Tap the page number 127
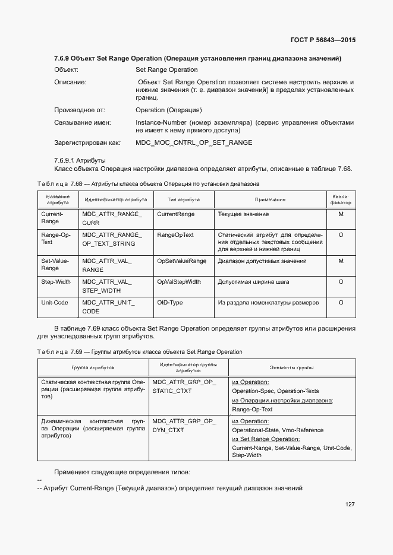click(x=350, y=505)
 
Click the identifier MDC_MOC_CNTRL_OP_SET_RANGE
click(x=194, y=142)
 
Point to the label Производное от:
click(x=79, y=110)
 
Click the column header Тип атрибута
click(x=184, y=200)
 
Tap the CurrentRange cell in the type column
click(x=175, y=214)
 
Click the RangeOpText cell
click(x=175, y=235)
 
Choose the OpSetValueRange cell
click(x=181, y=261)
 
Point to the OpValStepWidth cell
click(x=178, y=282)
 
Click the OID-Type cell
click(x=169, y=303)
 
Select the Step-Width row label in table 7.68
click(x=55, y=282)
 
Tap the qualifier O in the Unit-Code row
click(x=341, y=303)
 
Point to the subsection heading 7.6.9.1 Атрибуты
click(x=80, y=160)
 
